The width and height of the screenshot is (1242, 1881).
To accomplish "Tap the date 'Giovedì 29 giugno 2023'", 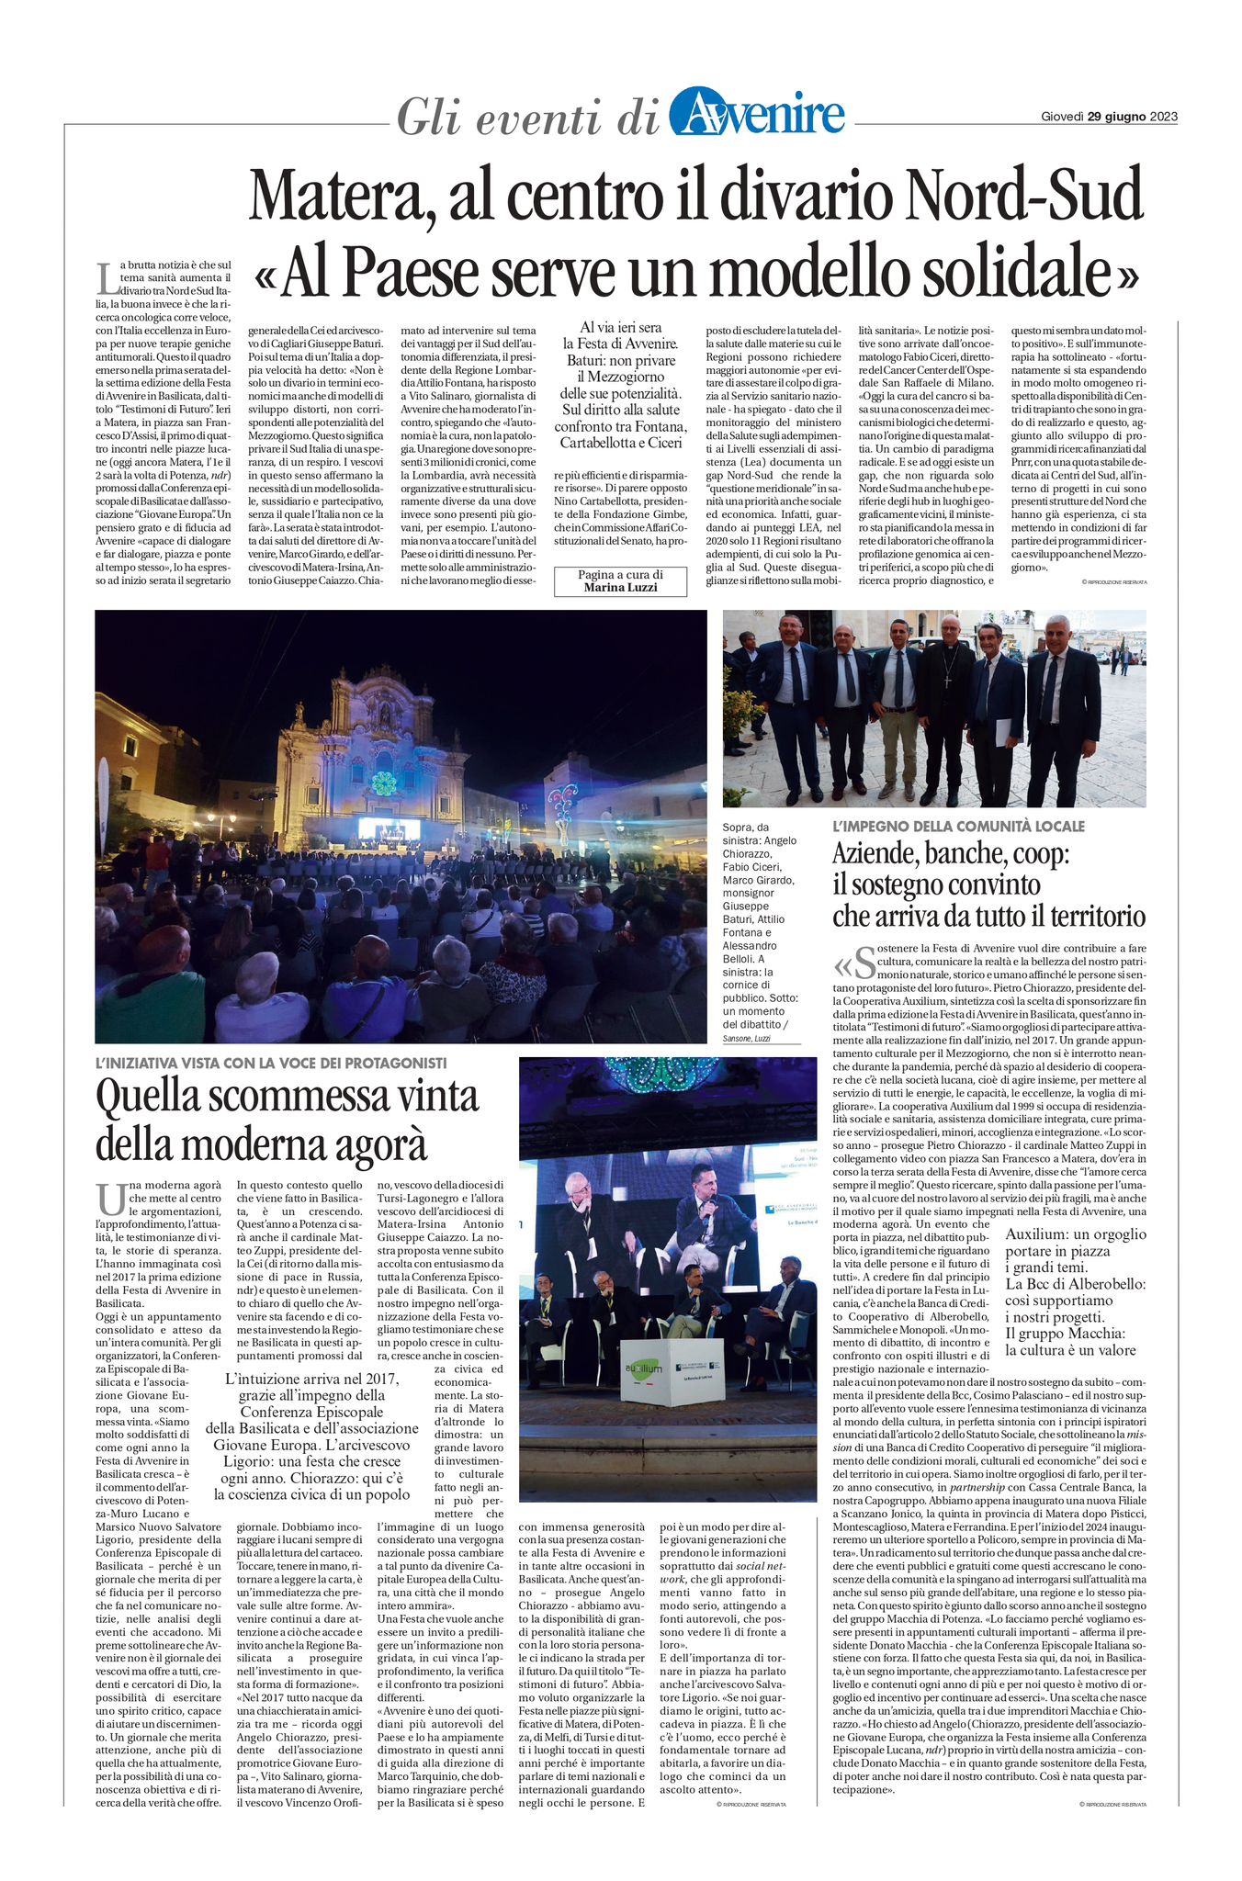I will click(x=1109, y=117).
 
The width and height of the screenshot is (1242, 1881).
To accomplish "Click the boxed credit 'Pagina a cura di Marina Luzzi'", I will click(x=620, y=580).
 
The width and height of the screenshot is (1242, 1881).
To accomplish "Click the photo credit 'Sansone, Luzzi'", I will click(x=746, y=1039).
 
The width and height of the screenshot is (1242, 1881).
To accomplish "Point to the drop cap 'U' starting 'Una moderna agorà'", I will click(x=109, y=1200).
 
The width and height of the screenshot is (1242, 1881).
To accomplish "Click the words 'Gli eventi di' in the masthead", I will click(x=527, y=118).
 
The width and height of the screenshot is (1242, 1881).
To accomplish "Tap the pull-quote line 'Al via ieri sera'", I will click(x=620, y=327).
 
